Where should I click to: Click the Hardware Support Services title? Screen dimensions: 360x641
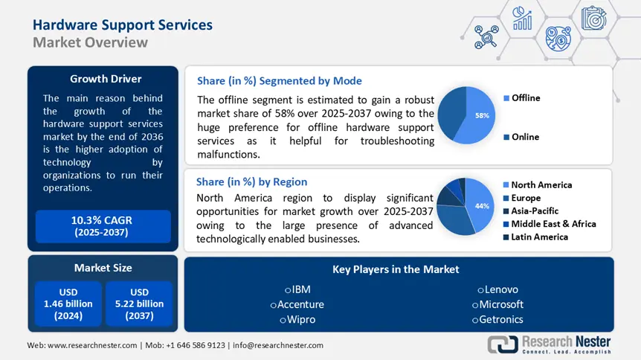tap(123, 25)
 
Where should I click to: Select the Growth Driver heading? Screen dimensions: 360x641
tap(106, 79)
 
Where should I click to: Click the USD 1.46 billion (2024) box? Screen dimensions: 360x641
tap(68, 303)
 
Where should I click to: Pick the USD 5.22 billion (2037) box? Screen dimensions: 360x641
tap(139, 303)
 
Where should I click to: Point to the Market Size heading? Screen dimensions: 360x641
tap(103, 268)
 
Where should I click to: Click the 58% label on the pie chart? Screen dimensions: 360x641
tap(483, 116)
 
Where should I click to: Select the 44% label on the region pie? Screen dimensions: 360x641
tap(483, 205)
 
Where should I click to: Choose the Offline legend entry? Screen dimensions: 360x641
tap(525, 98)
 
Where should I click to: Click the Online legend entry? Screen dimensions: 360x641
tap(524, 137)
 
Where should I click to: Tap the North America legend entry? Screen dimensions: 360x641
tap(541, 184)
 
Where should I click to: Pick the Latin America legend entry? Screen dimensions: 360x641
tap(539, 237)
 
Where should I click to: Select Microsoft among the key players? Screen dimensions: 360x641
tap(497, 304)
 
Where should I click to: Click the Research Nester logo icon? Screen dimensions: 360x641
tap(503, 344)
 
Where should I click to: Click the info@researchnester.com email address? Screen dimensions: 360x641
tap(279, 345)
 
